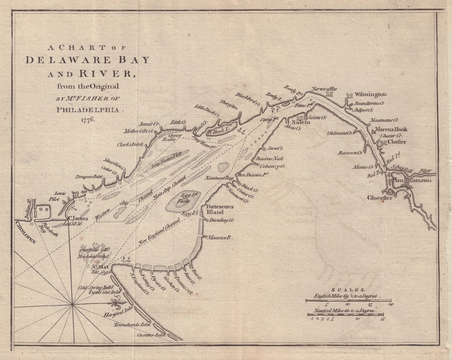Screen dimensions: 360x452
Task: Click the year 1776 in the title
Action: (87, 120)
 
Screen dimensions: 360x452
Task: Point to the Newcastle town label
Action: (324, 89)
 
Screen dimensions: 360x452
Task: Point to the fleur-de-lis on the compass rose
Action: (117, 304)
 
